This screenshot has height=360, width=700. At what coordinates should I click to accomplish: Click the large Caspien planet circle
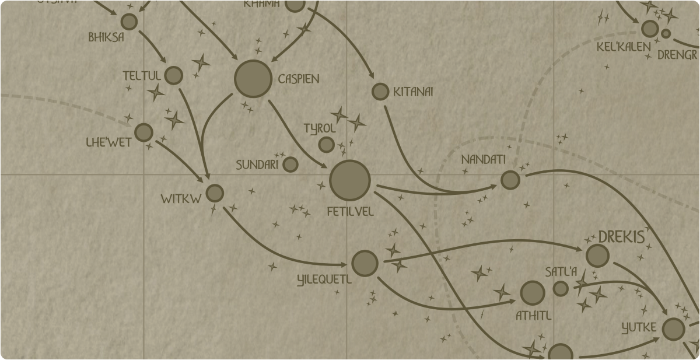click(253, 79)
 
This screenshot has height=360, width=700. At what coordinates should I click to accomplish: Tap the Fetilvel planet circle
click(350, 180)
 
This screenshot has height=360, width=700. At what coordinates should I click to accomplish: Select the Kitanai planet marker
click(380, 92)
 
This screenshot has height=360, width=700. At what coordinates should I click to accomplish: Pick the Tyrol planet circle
click(327, 144)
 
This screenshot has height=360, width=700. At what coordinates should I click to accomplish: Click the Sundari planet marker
click(290, 165)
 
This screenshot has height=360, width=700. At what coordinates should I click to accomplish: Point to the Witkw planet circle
click(215, 193)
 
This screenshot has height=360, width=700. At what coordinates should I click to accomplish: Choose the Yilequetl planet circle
click(365, 264)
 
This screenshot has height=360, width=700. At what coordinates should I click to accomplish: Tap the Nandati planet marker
click(510, 180)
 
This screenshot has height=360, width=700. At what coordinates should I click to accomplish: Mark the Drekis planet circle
click(597, 256)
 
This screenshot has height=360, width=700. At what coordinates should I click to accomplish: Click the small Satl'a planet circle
click(561, 288)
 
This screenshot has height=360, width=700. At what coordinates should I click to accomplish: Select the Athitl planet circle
click(533, 293)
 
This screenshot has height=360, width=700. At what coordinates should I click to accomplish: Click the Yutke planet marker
click(674, 330)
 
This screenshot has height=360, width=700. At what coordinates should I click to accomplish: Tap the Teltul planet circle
click(174, 75)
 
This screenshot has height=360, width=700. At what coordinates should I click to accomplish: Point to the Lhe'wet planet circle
click(143, 132)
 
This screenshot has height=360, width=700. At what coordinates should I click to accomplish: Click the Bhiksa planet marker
click(129, 22)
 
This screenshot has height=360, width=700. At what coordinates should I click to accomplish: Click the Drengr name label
click(677, 55)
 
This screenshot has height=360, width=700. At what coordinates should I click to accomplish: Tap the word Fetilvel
click(351, 211)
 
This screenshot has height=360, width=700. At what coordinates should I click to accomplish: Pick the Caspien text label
click(299, 79)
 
